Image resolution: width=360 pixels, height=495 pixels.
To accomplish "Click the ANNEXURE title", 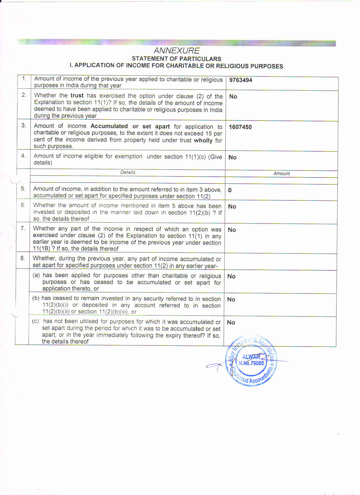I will pos(177,51).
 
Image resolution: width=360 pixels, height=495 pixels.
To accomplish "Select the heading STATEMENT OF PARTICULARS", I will pos(176,59).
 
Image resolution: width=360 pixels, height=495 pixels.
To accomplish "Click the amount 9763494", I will pos(241,80).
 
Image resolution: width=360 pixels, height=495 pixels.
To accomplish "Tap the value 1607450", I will pos(240,127).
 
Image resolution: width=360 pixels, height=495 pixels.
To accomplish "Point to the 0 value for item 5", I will pos(230,190).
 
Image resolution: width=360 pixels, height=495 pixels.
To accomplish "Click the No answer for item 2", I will pos(233,97).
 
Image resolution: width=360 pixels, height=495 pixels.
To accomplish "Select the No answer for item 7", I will pos(232,230).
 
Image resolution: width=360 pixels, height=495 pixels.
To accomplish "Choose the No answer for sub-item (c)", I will pos(231,323).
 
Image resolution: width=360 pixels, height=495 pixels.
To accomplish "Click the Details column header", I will pos(128,172).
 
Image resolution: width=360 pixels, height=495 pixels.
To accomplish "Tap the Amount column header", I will pos(282,174).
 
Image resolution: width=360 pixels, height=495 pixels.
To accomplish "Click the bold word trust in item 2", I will pos(77,96).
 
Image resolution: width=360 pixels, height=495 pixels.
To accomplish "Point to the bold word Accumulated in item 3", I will pos(109,126).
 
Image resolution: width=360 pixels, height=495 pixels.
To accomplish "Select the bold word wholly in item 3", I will pos(203,140).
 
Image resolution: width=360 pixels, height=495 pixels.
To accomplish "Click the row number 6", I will pos(23,205).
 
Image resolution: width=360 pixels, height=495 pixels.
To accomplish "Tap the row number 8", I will pos(23,258).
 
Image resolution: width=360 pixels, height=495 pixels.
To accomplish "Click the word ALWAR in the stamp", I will pos(251,357).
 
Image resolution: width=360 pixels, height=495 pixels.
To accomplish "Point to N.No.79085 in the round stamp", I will pos(251,363).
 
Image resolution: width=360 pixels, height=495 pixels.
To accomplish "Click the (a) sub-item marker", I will pos(36,275).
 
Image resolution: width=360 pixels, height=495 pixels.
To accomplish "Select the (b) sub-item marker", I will pos(36,298).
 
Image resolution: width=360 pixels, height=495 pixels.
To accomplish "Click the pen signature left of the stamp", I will pos(215,366).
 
